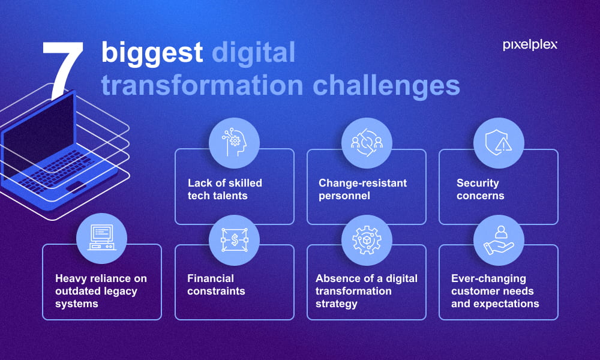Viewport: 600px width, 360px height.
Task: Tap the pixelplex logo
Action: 530,45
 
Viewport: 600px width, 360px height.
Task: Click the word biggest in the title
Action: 152,53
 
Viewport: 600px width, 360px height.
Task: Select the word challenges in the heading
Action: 386,86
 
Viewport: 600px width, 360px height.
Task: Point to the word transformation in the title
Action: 202,85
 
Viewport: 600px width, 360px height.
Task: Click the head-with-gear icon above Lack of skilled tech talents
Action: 234,143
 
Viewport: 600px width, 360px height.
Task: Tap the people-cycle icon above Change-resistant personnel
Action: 367,143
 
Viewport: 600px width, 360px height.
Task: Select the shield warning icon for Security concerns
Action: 499,143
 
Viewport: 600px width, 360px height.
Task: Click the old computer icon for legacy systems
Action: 102,238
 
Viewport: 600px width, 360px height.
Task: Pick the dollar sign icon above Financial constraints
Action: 234,240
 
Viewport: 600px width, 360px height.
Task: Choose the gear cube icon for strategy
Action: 367,240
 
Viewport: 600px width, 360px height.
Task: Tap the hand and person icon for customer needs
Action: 499,240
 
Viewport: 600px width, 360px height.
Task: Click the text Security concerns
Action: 480,190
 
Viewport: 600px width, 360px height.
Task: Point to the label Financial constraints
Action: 216,284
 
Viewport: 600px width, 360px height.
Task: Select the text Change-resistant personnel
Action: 362,190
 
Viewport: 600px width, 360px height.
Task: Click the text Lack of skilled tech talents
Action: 225,190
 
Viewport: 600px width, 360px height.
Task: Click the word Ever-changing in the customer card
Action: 488,278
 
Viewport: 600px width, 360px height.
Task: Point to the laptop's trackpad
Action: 76,187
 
